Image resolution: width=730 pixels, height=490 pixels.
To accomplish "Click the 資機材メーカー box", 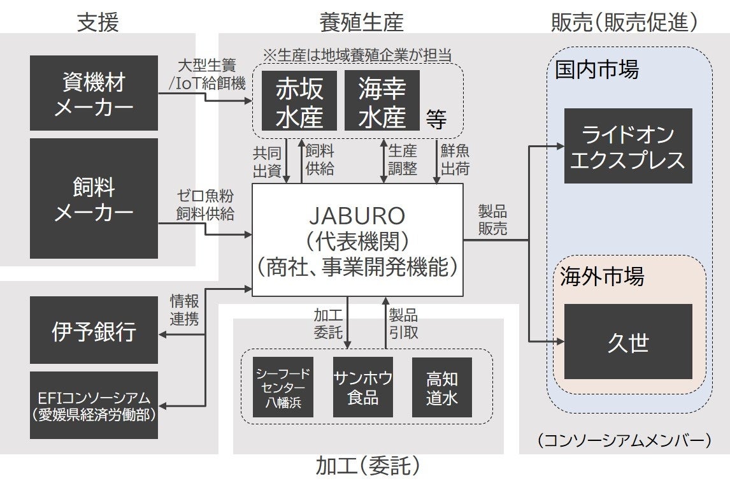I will pyautogui.click(x=94, y=93).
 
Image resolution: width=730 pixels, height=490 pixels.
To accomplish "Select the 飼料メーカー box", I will pyautogui.click(x=94, y=199).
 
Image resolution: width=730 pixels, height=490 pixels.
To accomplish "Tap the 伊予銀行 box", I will pyautogui.click(x=94, y=331).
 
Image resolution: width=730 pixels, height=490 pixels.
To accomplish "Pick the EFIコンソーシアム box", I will pyautogui.click(x=94, y=405).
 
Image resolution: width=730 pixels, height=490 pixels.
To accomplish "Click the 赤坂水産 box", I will pyautogui.click(x=299, y=101).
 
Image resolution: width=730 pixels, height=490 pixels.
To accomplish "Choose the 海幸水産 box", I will pyautogui.click(x=382, y=101).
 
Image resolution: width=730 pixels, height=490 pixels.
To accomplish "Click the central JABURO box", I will pyautogui.click(x=357, y=240).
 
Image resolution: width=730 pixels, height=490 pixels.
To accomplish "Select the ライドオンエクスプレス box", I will pyautogui.click(x=627, y=146).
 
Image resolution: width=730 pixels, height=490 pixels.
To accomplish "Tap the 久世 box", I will pyautogui.click(x=627, y=342).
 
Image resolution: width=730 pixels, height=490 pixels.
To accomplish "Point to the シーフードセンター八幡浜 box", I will pyautogui.click(x=283, y=387).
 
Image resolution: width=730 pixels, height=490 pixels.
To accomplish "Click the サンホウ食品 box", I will pyautogui.click(x=362, y=387).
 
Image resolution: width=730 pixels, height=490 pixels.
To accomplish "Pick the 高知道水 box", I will pyautogui.click(x=441, y=387).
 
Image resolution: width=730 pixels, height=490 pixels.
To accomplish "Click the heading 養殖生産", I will pyautogui.click(x=361, y=22).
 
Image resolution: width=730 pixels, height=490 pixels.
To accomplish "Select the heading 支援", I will pyautogui.click(x=97, y=22).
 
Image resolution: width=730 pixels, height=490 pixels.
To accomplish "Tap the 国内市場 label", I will pyautogui.click(x=596, y=69).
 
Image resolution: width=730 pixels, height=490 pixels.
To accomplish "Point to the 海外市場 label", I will pyautogui.click(x=602, y=277).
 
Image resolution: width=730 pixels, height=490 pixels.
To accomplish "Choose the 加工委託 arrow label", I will pyautogui.click(x=329, y=323).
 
